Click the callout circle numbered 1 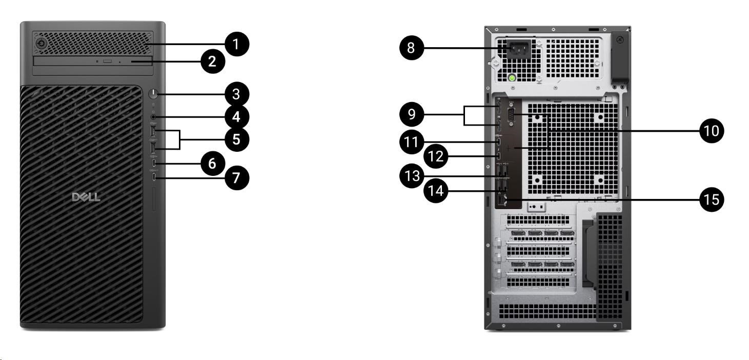236,44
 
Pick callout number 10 712,130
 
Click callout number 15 712,199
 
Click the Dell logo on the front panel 86,197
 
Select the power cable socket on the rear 518,50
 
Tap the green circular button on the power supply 511,78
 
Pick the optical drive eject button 108,61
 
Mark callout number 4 236,117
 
